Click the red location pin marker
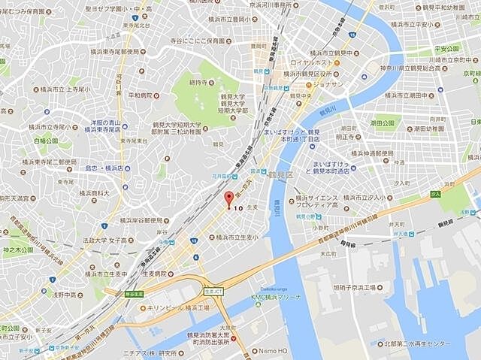230,201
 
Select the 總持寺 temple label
198,81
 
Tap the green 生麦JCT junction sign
213,291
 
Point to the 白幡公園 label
46,141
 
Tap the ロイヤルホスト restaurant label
310,63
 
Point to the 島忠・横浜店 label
104,169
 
